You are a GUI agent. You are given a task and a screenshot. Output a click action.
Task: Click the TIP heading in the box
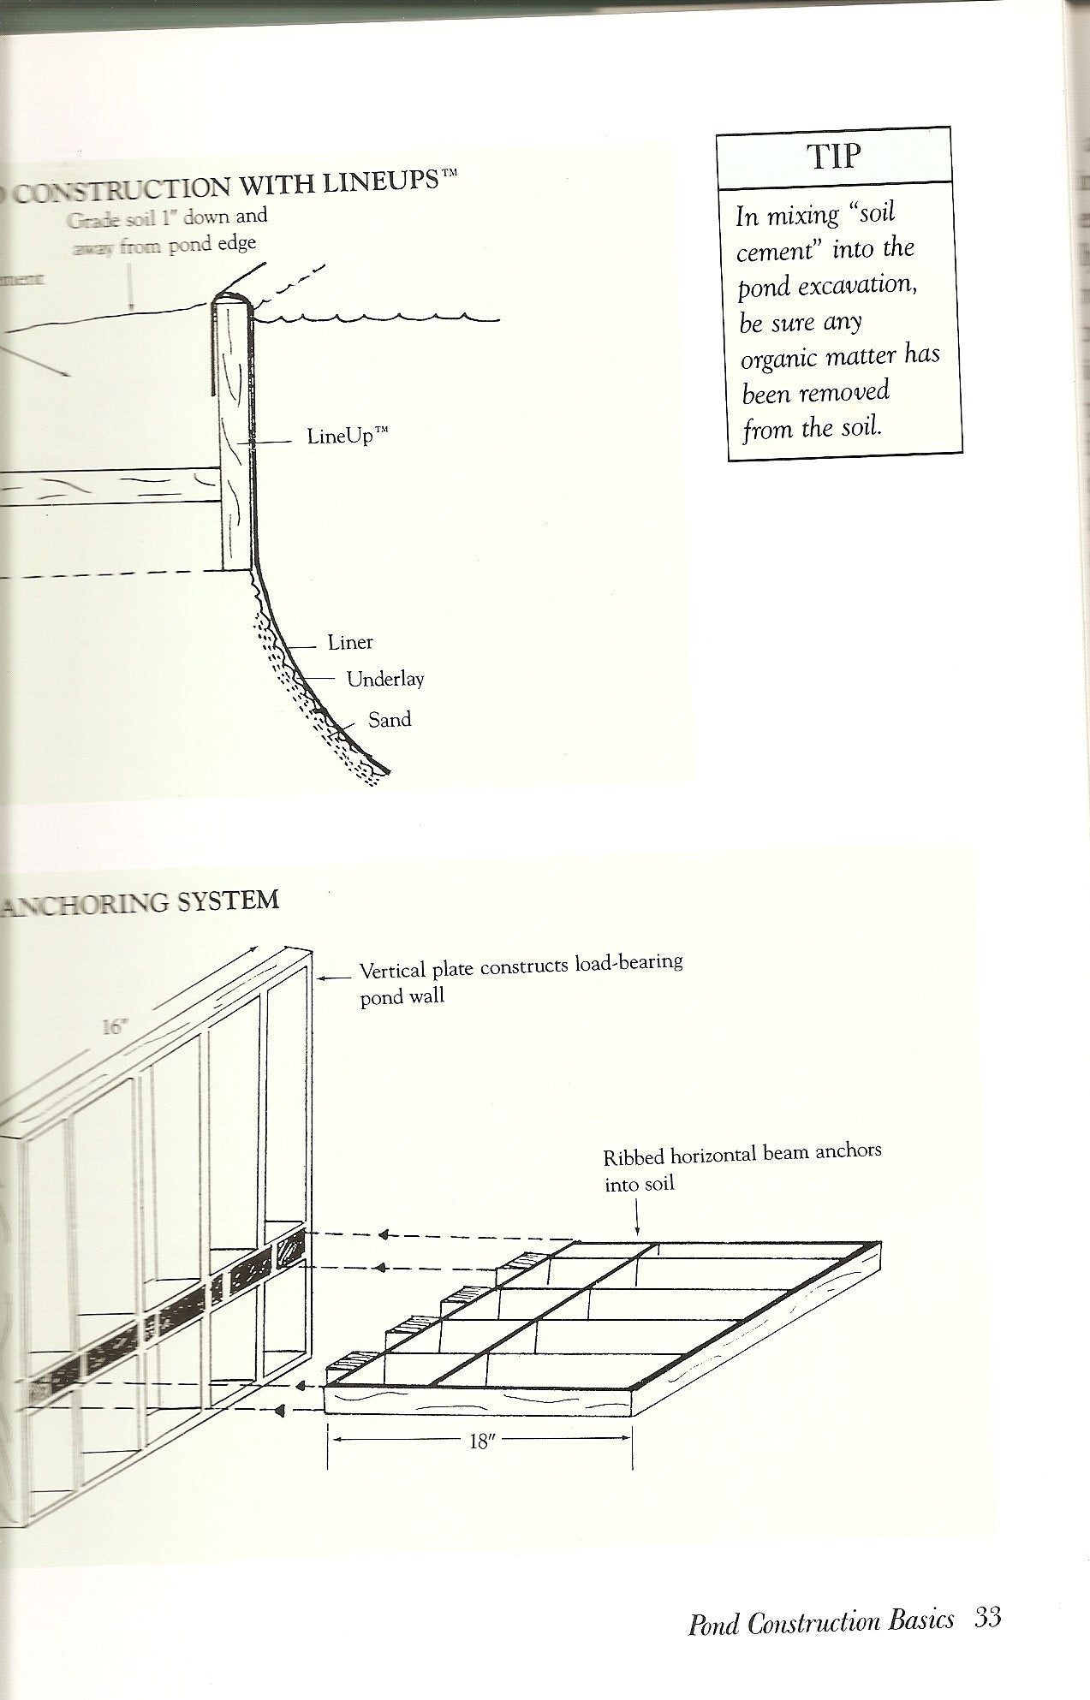point(833,156)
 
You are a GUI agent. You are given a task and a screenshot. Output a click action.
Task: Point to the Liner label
point(350,642)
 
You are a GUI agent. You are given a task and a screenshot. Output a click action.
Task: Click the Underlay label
point(385,680)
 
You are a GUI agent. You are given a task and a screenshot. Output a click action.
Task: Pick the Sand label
point(390,720)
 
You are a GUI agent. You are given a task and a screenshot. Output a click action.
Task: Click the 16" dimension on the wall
point(114,1026)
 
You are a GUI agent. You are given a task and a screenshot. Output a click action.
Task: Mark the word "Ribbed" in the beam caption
point(634,1157)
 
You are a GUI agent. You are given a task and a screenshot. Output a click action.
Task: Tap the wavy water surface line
point(377,320)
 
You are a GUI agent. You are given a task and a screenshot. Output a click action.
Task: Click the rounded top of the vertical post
point(229,301)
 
